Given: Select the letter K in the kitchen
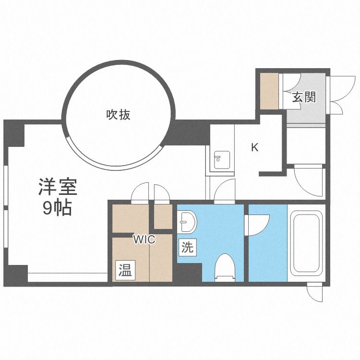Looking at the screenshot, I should [x=255, y=148].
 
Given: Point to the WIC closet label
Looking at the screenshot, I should [x=144, y=240].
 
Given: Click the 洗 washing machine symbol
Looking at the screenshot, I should [x=187, y=248].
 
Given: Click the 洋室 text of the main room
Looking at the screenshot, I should [x=57, y=186].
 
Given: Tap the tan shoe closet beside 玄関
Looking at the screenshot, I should [x=269, y=90].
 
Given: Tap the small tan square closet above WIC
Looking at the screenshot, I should [x=163, y=216].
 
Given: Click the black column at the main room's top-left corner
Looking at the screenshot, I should [x=15, y=133].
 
